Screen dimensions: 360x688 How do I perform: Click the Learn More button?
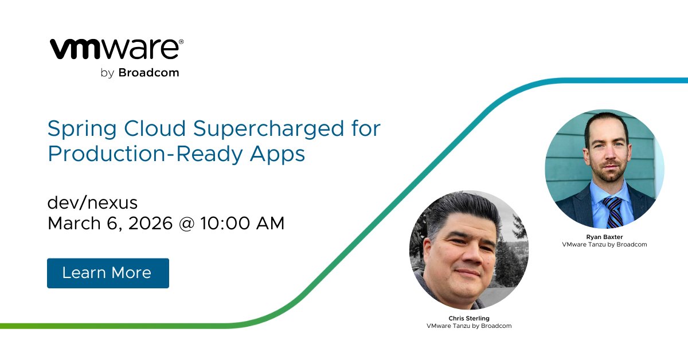point(108,273)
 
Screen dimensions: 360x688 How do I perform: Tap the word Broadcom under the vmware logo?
point(148,73)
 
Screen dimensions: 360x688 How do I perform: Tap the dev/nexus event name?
point(92,203)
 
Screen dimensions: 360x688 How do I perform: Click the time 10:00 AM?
point(243,224)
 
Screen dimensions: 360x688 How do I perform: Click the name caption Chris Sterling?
point(468,318)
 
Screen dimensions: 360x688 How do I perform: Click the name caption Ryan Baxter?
point(604,237)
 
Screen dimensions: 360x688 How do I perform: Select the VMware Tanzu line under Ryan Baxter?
point(604,244)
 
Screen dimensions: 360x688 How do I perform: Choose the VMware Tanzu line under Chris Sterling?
point(468,326)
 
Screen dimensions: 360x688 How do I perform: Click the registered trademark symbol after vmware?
point(181,42)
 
